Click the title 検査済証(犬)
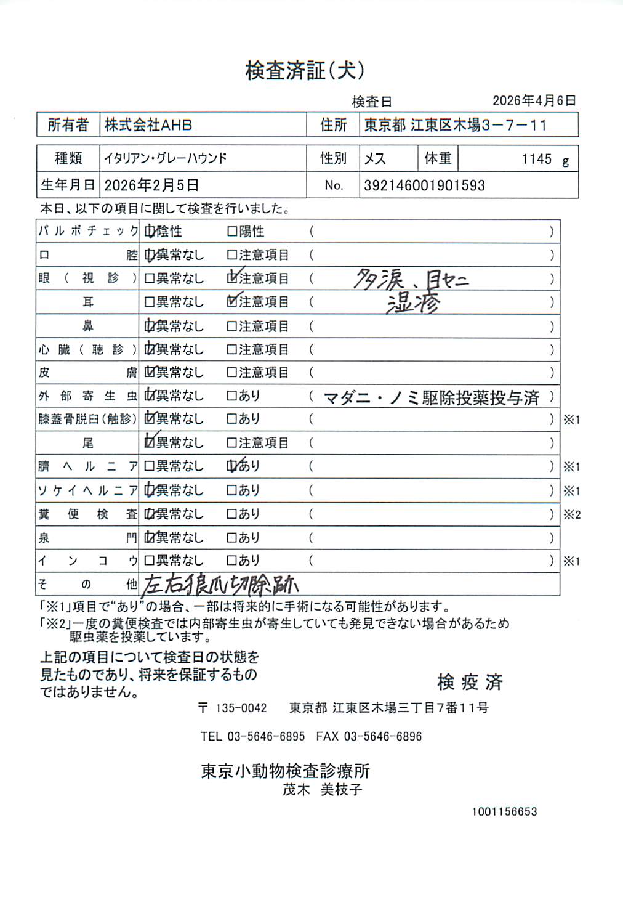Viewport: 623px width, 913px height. click(x=305, y=71)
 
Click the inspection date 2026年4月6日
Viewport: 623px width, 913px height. click(x=534, y=100)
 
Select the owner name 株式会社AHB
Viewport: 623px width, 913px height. click(x=148, y=125)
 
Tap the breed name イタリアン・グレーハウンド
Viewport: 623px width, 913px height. click(x=166, y=158)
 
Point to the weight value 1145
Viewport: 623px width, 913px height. click(x=537, y=159)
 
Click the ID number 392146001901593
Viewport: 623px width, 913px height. click(x=424, y=185)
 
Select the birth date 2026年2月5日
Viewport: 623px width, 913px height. click(x=151, y=185)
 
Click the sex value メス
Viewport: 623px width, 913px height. click(x=375, y=159)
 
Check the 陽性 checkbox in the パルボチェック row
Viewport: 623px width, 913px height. click(x=232, y=232)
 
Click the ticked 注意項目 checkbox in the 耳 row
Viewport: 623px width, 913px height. click(x=232, y=302)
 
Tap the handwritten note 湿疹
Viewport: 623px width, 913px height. click(x=412, y=303)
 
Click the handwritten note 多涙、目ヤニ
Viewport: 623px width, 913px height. click(x=411, y=280)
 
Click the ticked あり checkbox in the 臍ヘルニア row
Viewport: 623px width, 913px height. click(x=232, y=466)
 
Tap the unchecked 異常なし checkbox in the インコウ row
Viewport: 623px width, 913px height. click(x=149, y=561)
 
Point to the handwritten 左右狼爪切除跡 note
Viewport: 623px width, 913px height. click(x=220, y=585)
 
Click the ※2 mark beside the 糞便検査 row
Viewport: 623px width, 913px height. click(x=572, y=514)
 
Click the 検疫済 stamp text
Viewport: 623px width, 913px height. click(x=470, y=681)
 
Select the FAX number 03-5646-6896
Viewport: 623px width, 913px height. click(x=382, y=736)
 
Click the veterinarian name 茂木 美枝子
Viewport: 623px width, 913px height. click(x=322, y=789)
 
